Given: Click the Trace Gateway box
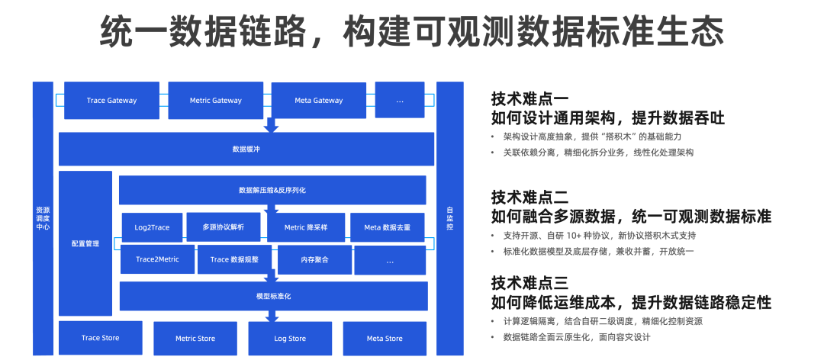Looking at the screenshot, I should [x=111, y=101].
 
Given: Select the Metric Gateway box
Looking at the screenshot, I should [x=215, y=101].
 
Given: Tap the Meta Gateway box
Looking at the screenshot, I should [x=318, y=101].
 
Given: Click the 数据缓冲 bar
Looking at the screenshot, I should [x=246, y=149].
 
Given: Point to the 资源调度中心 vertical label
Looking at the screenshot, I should [x=43, y=218].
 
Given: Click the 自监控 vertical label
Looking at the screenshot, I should [x=449, y=218].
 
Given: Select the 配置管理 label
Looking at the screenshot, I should [x=85, y=244].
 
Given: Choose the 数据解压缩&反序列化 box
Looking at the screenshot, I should [x=272, y=190].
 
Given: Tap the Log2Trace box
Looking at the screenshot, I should [x=152, y=227].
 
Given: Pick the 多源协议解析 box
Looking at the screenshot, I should [x=224, y=227].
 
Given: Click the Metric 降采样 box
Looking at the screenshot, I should [x=306, y=227].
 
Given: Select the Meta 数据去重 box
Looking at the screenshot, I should [x=388, y=227].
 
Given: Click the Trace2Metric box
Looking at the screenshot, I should [x=157, y=260].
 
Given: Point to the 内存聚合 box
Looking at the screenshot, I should [x=314, y=260].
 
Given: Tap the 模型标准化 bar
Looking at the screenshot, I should [x=272, y=296].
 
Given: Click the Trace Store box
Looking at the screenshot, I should [x=100, y=338].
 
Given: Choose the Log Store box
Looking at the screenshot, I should [x=290, y=339].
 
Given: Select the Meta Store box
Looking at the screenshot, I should [x=384, y=339].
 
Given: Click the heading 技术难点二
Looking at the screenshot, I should [x=529, y=195].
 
